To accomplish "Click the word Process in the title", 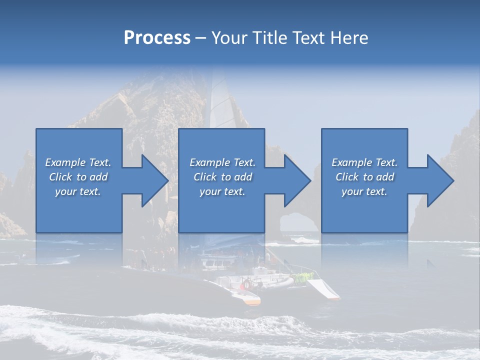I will click(157, 38).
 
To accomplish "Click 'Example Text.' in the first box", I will click(78, 162).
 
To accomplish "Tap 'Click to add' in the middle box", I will click(222, 177).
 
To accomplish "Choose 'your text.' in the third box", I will click(364, 191).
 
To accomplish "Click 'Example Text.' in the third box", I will click(364, 162).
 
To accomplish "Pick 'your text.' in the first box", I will click(78, 191).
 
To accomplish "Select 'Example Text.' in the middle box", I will click(222, 162).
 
